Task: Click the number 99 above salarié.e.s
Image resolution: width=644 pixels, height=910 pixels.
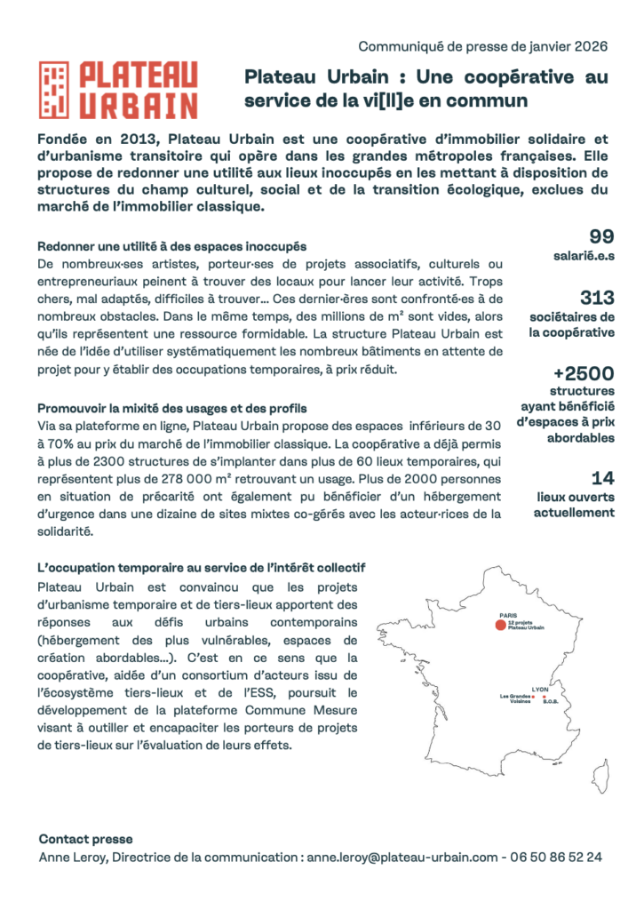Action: [602, 236]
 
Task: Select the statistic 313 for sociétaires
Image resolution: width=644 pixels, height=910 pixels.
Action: [597, 298]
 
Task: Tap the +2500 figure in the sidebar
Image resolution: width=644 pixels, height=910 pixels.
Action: [583, 372]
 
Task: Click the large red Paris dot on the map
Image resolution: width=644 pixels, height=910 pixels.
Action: [500, 626]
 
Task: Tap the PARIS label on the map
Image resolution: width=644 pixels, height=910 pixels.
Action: [508, 614]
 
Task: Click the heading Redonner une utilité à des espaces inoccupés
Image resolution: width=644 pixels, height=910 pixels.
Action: [172, 246]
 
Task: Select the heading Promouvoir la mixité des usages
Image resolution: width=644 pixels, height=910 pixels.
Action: [172, 408]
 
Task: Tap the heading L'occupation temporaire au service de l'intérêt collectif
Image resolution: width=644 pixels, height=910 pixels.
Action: [202, 567]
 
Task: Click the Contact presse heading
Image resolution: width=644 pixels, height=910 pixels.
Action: [85, 839]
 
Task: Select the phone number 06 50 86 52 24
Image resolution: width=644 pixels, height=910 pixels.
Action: [556, 858]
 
